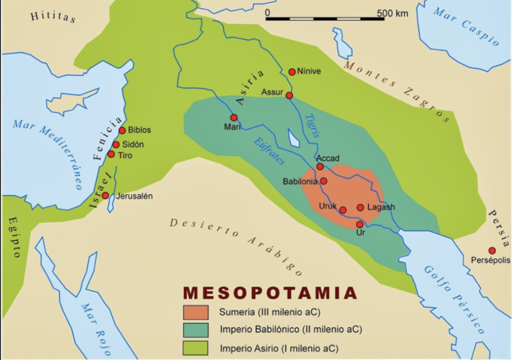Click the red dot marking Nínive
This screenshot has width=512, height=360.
point(292,71)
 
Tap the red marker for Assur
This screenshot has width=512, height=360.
point(290,95)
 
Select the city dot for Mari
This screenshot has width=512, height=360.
point(234,118)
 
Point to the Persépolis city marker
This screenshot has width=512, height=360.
point(493,250)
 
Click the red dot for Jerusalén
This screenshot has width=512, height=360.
point(106,195)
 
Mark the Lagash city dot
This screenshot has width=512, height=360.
point(361,207)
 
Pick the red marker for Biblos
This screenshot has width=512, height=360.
point(122,130)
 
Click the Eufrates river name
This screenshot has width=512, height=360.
point(271,149)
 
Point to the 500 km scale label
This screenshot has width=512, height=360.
point(392,14)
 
